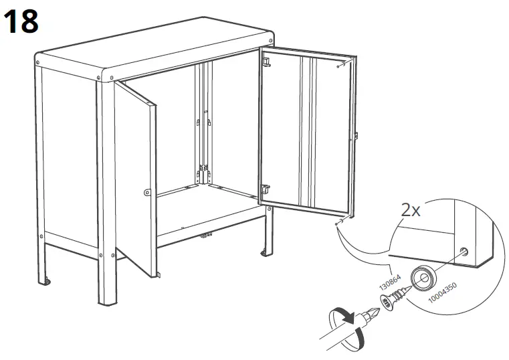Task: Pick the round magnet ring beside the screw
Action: (x=423, y=278)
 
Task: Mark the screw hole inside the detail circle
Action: (x=464, y=253)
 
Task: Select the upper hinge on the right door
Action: (x=267, y=61)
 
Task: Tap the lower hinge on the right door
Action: (x=266, y=190)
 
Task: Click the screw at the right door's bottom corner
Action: (x=339, y=217)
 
